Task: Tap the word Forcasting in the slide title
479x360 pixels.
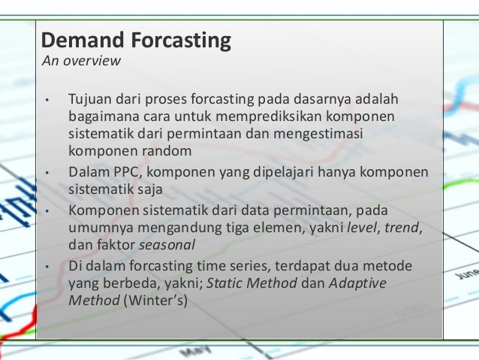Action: point(181,41)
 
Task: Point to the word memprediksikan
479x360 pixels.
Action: point(254,117)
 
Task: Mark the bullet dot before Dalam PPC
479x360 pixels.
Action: point(47,173)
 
